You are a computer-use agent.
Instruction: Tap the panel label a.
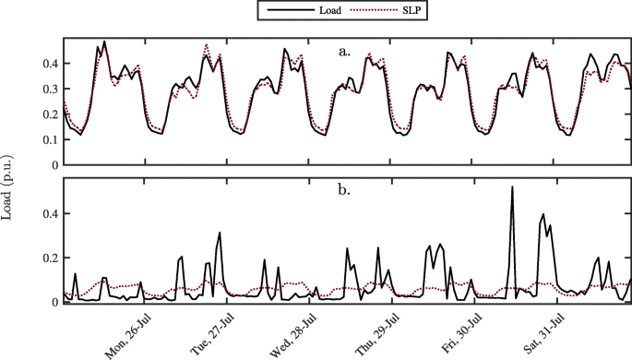(x=345, y=52)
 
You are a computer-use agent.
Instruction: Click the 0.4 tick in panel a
(x=48, y=64)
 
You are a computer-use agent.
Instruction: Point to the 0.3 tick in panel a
(x=48, y=90)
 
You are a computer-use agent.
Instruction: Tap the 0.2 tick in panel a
(x=48, y=114)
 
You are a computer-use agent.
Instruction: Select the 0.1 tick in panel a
(x=48, y=140)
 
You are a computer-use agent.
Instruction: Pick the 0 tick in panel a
(x=54, y=165)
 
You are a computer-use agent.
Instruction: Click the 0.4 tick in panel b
(x=48, y=213)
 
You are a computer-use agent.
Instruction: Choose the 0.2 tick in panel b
(x=48, y=258)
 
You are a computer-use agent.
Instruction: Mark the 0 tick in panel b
(x=54, y=302)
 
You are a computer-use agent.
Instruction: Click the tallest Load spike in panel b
(x=512, y=188)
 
